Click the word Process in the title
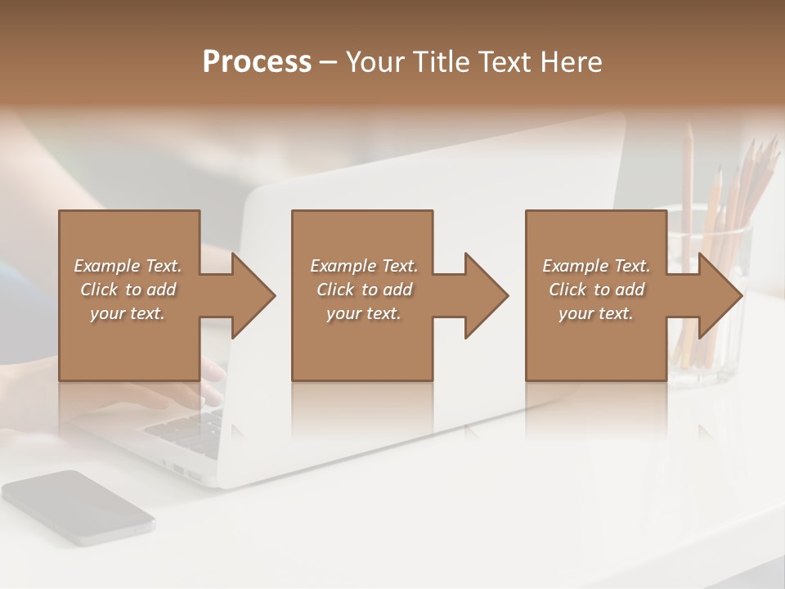pos(257,62)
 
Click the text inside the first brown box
pos(128,290)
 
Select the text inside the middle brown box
pos(364,290)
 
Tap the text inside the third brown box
pos(596,290)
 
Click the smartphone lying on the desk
pos(78,507)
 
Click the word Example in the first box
pos(107,266)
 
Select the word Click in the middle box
pos(334,290)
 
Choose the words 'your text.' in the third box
pos(596,313)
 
